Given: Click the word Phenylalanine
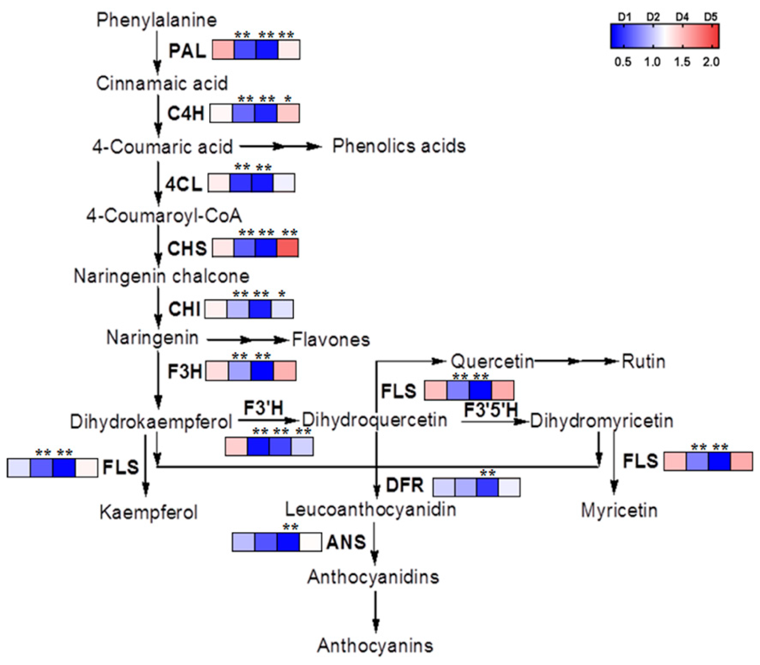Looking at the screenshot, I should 156,20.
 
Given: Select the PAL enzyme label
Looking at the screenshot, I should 187,51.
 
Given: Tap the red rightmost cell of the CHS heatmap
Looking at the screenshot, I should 288,248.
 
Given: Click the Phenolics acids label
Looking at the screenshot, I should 398,146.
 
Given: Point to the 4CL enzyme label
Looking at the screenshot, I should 184,184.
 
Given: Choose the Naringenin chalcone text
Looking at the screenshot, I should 161,277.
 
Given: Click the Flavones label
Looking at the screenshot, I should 331,339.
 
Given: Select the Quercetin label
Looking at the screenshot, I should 492,361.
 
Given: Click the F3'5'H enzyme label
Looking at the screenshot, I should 490,411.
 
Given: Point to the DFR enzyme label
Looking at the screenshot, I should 404,485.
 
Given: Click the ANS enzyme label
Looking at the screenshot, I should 346,542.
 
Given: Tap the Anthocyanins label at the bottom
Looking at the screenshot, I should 375,646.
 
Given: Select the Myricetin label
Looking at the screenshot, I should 619,511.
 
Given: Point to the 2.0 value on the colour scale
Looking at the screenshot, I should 711,62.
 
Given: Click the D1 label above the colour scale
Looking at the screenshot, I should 624,17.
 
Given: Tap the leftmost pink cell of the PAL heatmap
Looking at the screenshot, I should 223,50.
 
